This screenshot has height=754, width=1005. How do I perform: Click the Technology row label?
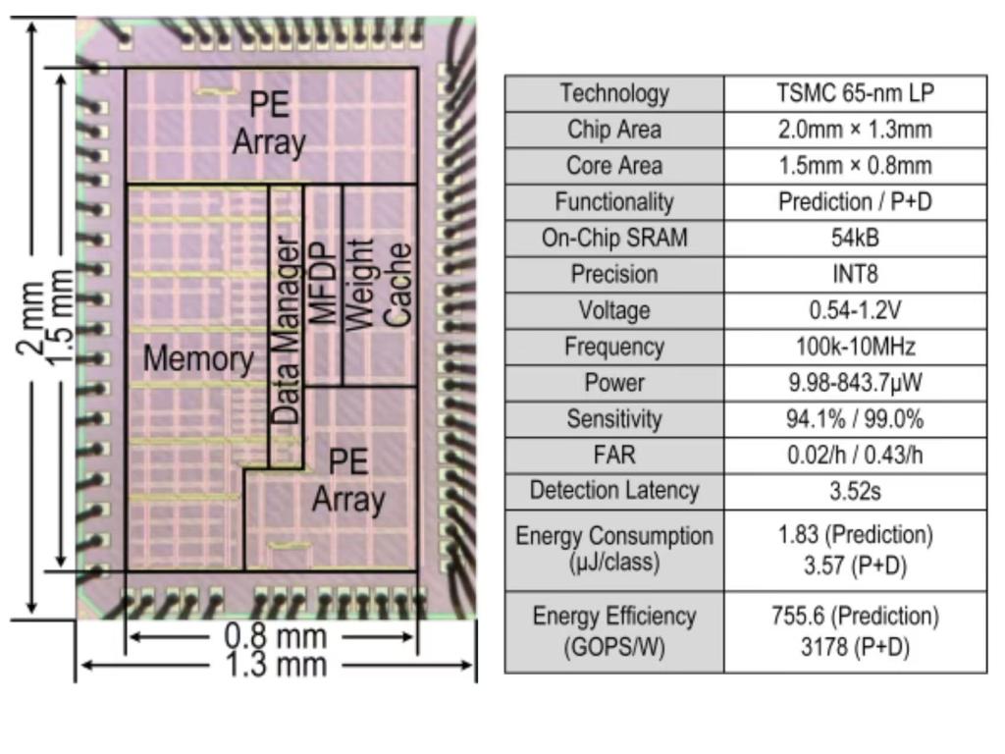[x=614, y=93]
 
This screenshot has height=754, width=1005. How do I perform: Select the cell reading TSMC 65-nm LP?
[x=855, y=93]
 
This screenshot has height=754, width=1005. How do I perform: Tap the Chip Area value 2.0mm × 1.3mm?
[x=855, y=130]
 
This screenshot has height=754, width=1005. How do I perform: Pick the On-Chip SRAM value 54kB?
[x=855, y=238]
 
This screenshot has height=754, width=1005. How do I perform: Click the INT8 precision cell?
[x=855, y=274]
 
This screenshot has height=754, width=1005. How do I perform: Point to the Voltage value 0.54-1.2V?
[x=855, y=310]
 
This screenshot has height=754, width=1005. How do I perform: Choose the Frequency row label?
[x=614, y=347]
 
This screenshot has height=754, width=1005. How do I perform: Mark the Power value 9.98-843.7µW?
[x=855, y=383]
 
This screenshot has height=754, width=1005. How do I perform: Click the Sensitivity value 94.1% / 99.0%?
[x=855, y=419]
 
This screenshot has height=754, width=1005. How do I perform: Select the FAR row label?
[x=614, y=455]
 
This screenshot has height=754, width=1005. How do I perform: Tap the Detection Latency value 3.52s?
[x=855, y=491]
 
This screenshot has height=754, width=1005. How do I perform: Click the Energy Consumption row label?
[x=614, y=550]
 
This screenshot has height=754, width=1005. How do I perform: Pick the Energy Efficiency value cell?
[x=855, y=631]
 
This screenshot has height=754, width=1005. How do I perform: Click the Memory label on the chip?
[x=197, y=358]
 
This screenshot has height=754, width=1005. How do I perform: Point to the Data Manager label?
[x=286, y=330]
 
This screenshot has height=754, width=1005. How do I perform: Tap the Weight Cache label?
[x=378, y=284]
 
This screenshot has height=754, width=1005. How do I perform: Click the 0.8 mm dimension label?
[x=274, y=636]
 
